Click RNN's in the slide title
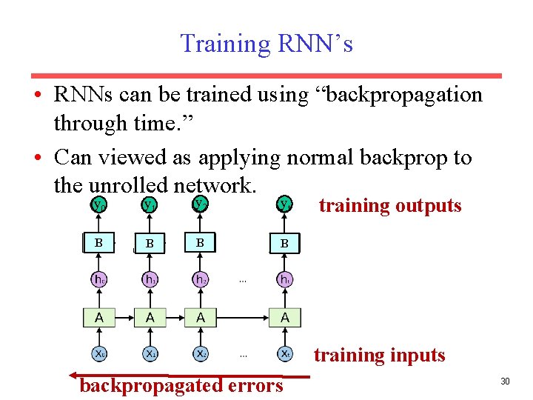[315, 44]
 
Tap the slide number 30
[506, 381]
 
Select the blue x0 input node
[99, 354]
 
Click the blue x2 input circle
[201, 354]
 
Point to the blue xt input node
[285, 354]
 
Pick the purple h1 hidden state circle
[150, 279]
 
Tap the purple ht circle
[285, 279]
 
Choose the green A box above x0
[99, 317]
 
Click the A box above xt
[285, 317]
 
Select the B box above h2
[200, 242]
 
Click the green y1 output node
[150, 204]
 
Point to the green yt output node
[285, 204]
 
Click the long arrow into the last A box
[244, 317]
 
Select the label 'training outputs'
[389, 205]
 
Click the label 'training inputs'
[379, 355]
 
